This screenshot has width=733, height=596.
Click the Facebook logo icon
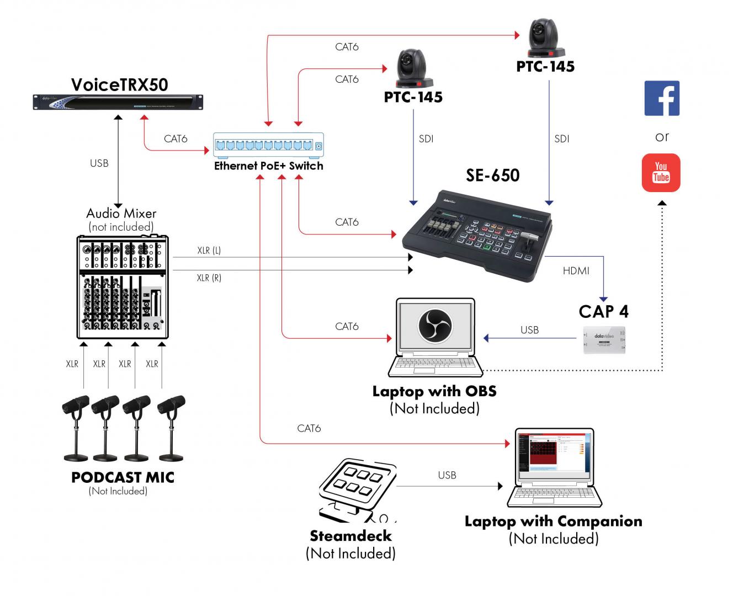[x=662, y=98]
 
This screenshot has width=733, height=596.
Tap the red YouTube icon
[x=661, y=173]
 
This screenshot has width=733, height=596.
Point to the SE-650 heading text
[x=492, y=175]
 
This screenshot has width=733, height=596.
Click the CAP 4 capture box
[x=604, y=339]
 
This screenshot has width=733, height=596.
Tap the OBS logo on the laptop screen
[x=435, y=325]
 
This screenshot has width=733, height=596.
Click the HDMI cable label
[x=576, y=271]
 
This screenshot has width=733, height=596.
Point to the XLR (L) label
[x=209, y=251]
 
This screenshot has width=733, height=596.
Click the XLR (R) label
[x=209, y=278]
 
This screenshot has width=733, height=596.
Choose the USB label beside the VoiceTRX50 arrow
[x=99, y=163]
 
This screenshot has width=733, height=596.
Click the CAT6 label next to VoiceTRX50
[x=176, y=139]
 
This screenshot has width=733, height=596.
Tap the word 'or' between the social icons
[x=662, y=137]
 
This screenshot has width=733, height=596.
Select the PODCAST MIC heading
[x=123, y=477]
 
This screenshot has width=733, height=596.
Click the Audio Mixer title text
[x=121, y=214]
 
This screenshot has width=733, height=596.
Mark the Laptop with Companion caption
[x=553, y=521]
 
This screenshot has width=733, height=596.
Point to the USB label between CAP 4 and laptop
[x=529, y=330]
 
